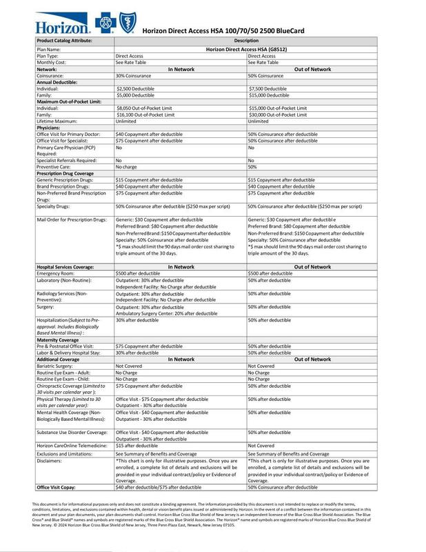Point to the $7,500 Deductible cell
pos(267,89)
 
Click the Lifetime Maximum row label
pos(57,121)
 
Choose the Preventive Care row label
pos(53,166)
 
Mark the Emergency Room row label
pos(55,273)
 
